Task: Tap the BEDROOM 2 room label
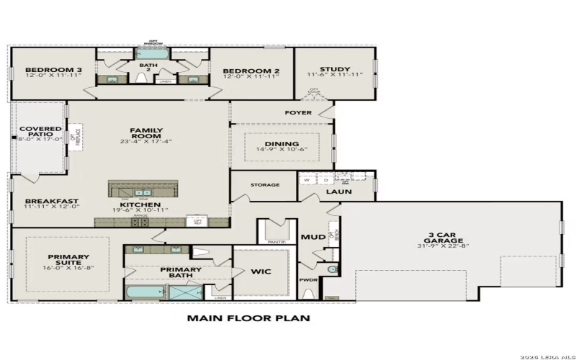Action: pos(251,71)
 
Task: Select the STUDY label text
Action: pos(335,70)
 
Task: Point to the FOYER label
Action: pos(298,113)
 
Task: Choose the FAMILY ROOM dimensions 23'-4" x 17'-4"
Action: pos(146,141)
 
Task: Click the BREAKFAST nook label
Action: pos(51,202)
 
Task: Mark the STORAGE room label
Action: pos(264,185)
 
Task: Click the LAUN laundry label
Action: pos(338,192)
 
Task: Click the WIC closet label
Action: pos(260,273)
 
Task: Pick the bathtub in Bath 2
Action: pos(150,53)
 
